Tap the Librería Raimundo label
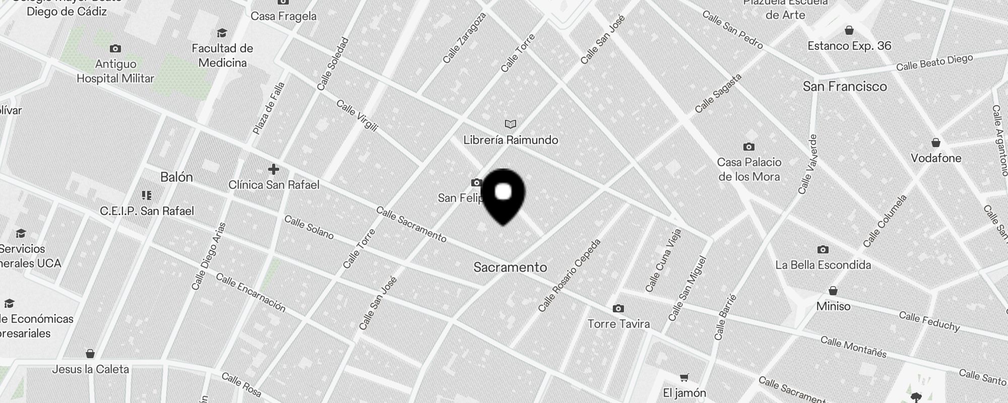click(511, 140)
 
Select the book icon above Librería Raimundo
click(511, 124)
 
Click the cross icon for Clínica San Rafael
click(274, 169)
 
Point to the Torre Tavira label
click(618, 324)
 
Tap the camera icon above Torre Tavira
click(618, 308)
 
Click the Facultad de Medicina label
click(222, 55)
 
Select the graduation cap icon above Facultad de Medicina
click(222, 33)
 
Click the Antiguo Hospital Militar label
click(115, 71)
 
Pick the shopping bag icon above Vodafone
click(936, 143)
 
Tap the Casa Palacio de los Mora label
click(749, 169)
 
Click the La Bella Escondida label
click(823, 265)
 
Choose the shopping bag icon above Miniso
click(833, 291)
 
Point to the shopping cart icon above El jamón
click(684, 377)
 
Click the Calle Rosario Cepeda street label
click(570, 275)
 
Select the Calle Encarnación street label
click(250, 293)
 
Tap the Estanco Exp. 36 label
click(849, 46)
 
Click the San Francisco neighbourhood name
click(845, 87)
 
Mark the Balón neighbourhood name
click(176, 177)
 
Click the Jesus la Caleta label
click(91, 369)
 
